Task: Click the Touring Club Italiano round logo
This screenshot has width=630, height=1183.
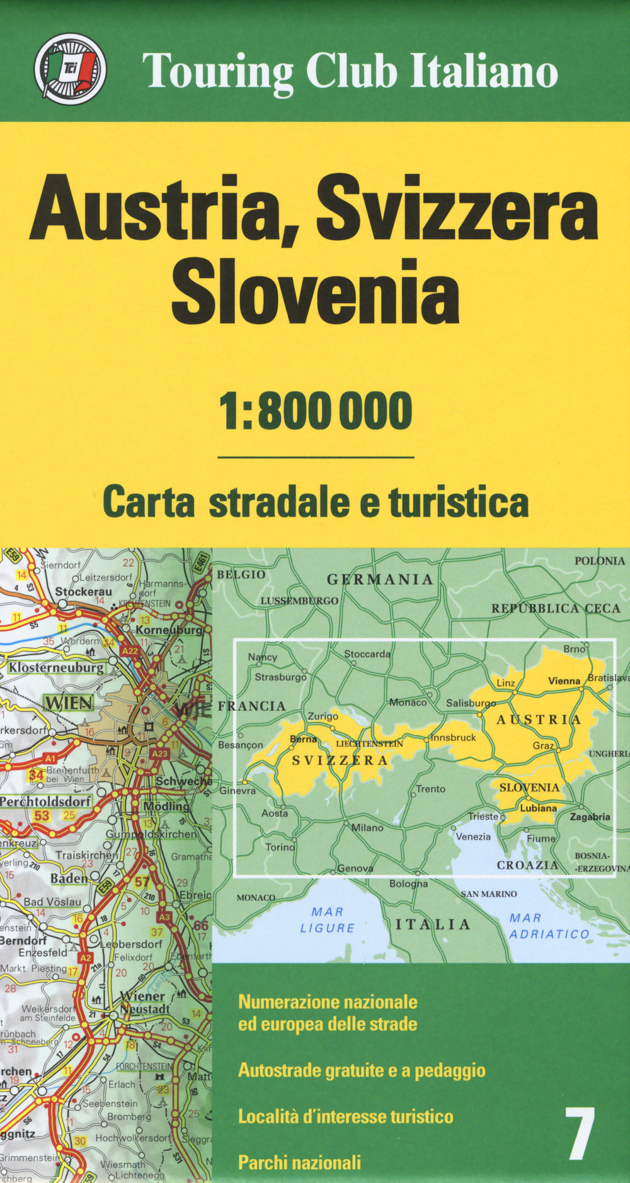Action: click(70, 69)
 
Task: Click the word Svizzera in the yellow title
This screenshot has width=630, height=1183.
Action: click(457, 207)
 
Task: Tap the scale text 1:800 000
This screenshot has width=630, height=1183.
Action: click(315, 410)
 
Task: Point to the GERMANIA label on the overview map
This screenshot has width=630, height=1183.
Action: click(380, 579)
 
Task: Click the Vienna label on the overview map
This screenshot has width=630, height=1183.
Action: click(564, 681)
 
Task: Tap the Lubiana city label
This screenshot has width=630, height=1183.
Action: click(538, 808)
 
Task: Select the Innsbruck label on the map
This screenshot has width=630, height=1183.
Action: click(454, 737)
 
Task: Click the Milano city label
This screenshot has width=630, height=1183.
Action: click(367, 828)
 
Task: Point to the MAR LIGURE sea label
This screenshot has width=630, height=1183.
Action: click(328, 920)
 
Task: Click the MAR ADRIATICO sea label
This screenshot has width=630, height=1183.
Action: click(549, 926)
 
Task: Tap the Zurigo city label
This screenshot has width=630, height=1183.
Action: click(323, 716)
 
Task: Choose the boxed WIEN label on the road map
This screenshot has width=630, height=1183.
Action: click(69, 703)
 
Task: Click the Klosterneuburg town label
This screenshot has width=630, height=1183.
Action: click(56, 667)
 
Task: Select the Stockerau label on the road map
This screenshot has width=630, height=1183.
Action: click(83, 592)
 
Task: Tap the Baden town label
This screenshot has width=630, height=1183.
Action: click(69, 878)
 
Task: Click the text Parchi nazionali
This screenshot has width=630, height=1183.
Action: click(300, 1162)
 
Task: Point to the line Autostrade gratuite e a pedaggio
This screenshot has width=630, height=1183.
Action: click(362, 1070)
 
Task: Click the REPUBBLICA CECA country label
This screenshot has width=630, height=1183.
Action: click(556, 608)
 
